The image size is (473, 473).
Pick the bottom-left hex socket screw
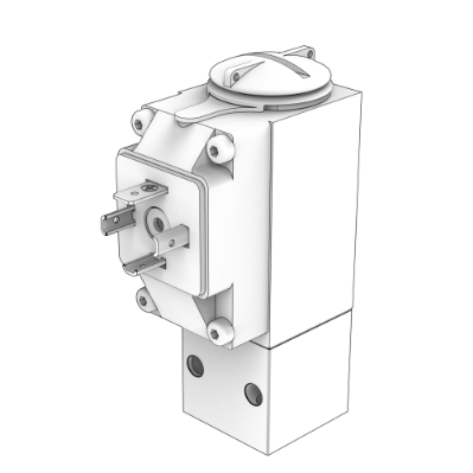click(x=142, y=299)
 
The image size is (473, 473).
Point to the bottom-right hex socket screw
click(x=214, y=333)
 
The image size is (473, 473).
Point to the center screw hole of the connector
click(x=159, y=223)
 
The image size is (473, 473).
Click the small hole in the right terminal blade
click(x=171, y=243)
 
